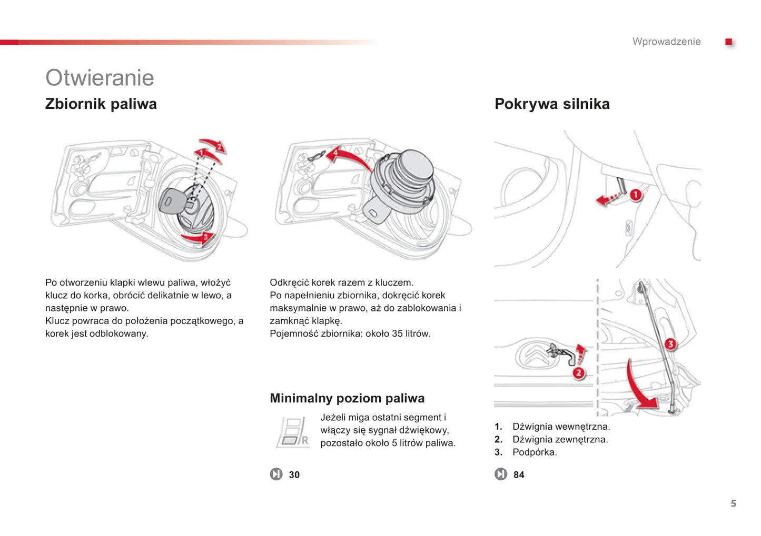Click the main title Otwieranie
click(100, 78)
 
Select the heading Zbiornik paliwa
click(101, 104)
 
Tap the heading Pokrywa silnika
click(551, 104)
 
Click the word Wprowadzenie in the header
click(666, 42)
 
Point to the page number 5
click(733, 503)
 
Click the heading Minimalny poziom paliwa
click(347, 398)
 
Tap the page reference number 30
click(294, 475)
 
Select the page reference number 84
click(519, 475)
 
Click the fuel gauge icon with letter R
click(293, 432)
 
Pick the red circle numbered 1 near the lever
click(636, 195)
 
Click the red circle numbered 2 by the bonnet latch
click(578, 373)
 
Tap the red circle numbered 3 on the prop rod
click(670, 344)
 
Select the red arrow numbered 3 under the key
click(199, 238)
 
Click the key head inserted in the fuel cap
click(171, 201)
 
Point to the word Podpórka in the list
click(534, 452)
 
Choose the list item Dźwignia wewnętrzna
click(560, 427)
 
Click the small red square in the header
click(728, 42)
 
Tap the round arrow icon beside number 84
click(500, 474)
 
